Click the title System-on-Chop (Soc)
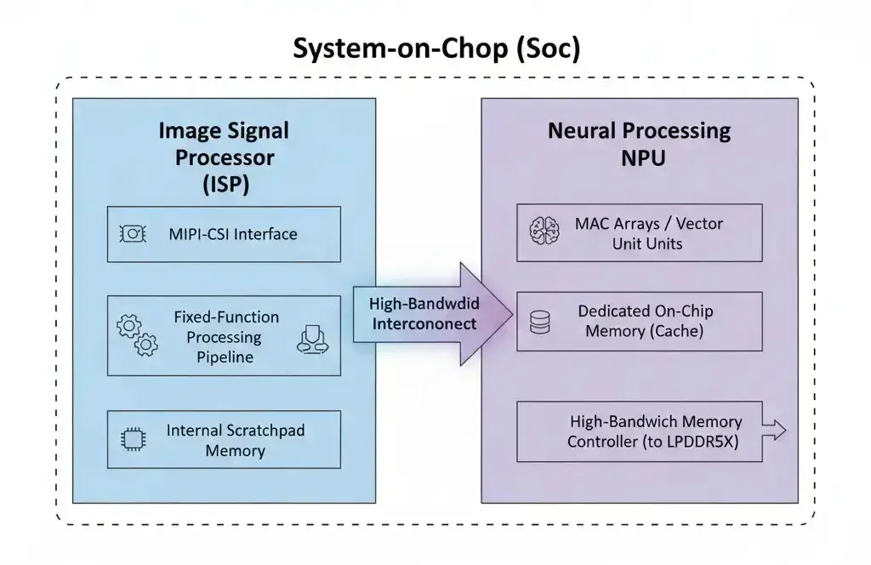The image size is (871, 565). coord(436,49)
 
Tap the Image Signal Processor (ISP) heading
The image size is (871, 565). coord(224,157)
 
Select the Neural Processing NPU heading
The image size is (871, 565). coord(639,143)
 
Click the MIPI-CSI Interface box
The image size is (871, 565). coord(224,233)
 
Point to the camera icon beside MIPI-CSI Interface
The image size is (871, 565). coord(132,233)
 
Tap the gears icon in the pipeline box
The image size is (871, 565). coord(137,335)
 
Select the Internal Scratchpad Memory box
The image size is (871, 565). coord(224,440)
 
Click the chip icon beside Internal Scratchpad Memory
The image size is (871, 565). coord(133,440)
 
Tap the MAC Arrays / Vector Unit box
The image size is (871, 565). coord(640,233)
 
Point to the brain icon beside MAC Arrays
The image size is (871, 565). coord(543,232)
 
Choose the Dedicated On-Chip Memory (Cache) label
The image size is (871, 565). coord(644,321)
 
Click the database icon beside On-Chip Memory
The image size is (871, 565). coord(540,321)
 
